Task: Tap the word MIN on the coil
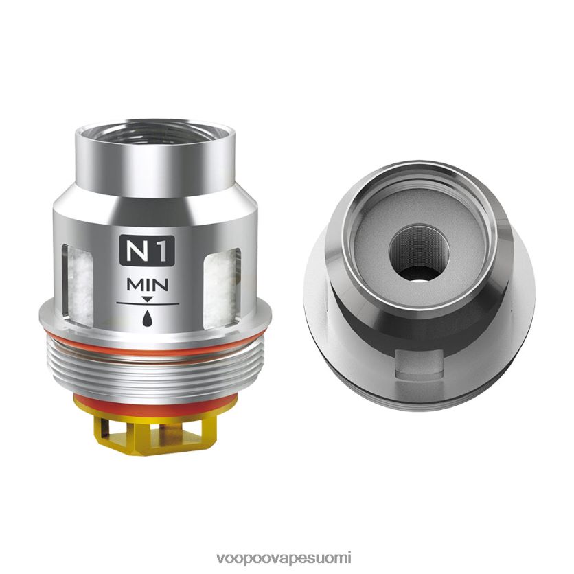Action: pos(147,285)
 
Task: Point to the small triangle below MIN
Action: pos(147,299)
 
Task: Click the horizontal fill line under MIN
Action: pos(148,304)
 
